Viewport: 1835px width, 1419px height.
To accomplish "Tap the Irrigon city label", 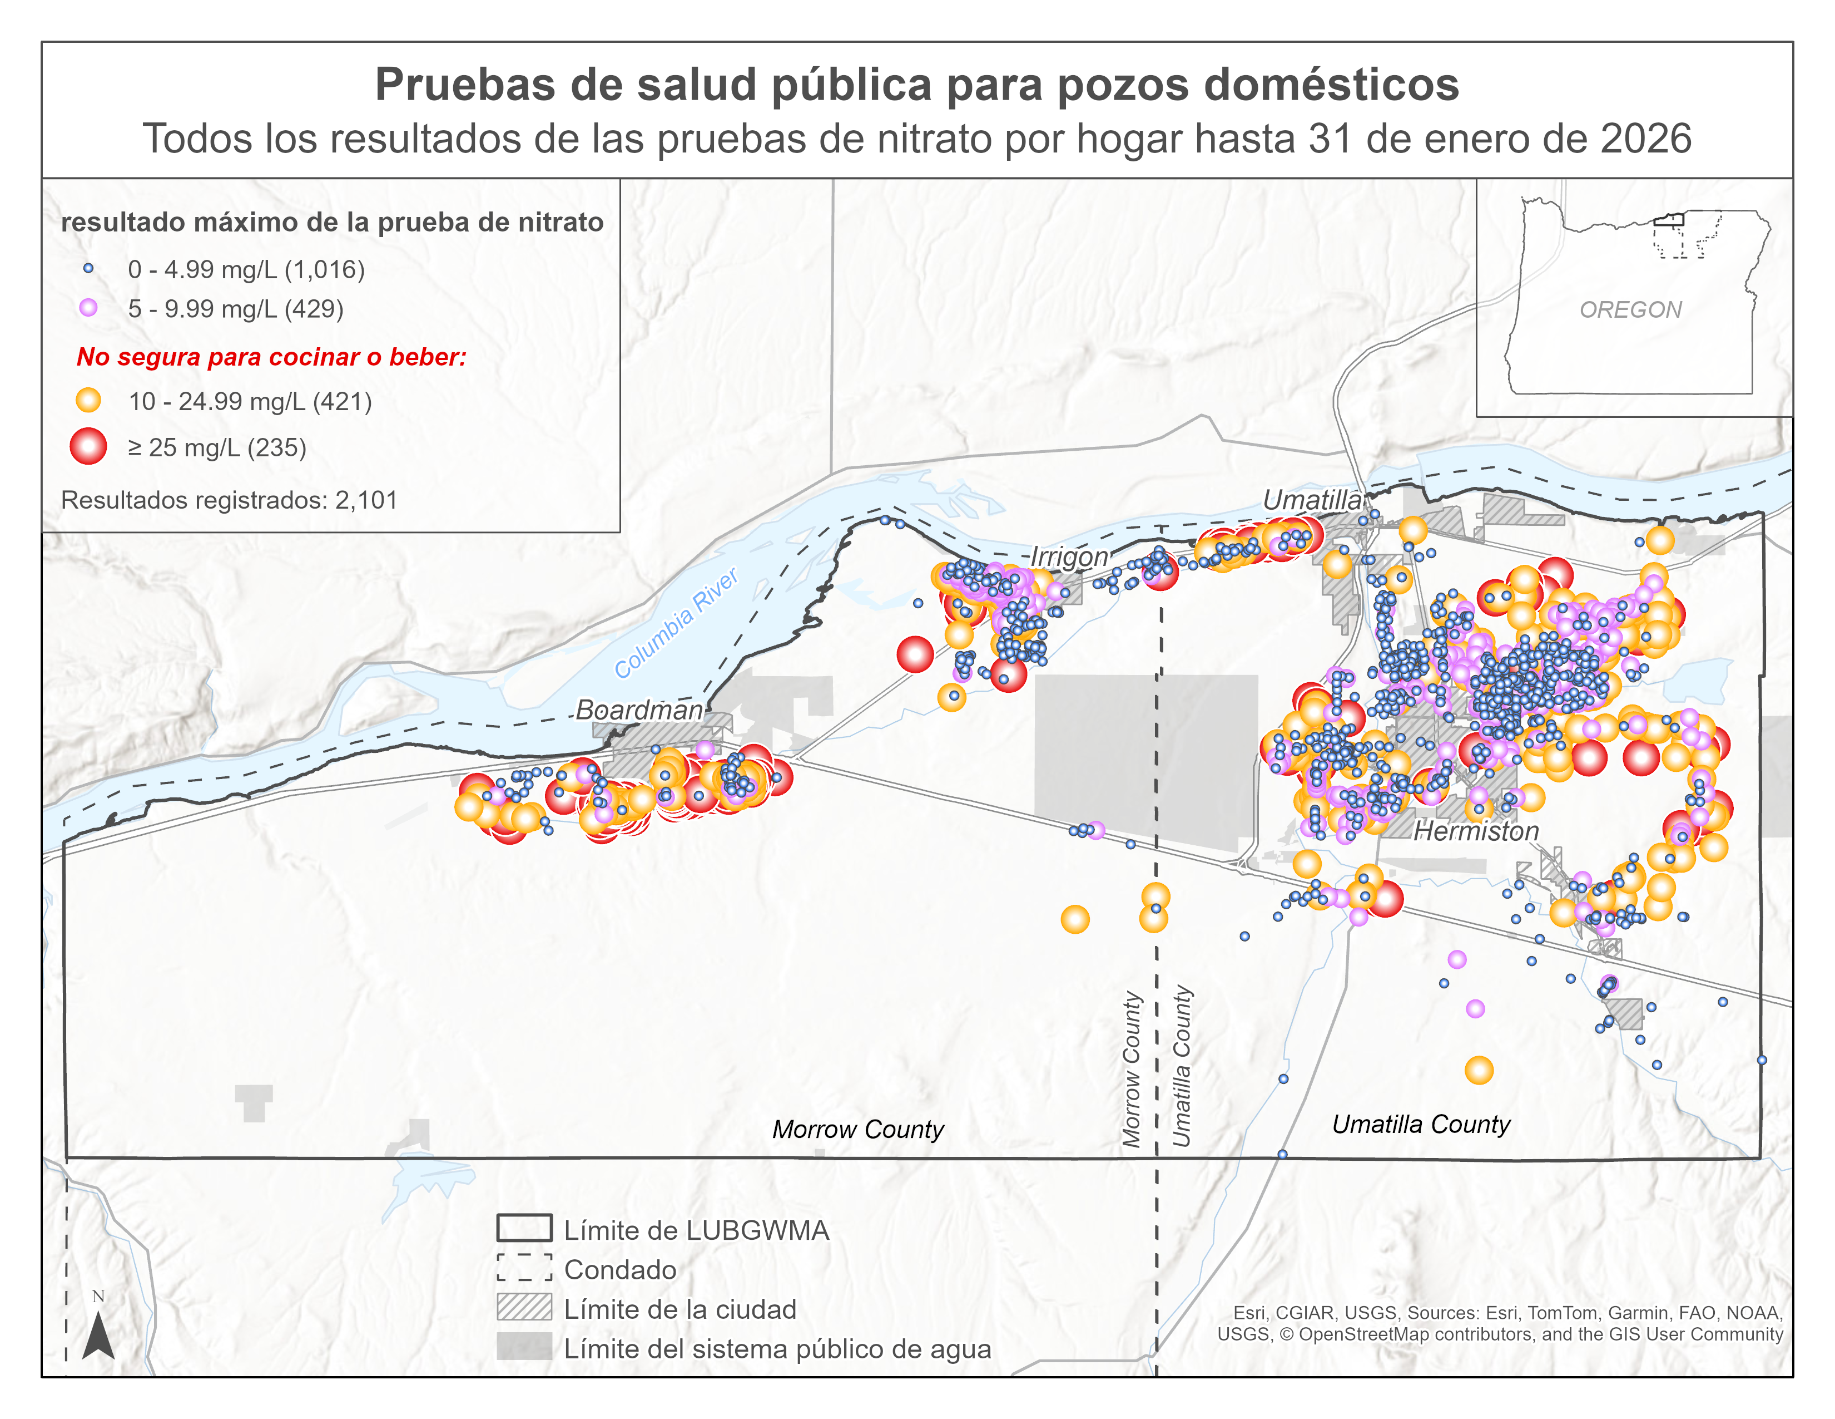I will [1069, 556].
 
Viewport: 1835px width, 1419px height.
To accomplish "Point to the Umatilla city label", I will [1312, 500].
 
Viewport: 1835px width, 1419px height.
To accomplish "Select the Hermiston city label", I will [1476, 831].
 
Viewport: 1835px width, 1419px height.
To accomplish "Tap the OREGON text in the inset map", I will [1630, 309].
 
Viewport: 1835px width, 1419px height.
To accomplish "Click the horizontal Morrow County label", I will [858, 1129].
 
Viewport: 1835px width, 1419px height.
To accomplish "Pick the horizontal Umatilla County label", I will [1421, 1124].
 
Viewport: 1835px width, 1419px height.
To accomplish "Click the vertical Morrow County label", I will [1132, 1070].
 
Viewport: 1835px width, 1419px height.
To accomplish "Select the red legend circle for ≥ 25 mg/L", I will [88, 446].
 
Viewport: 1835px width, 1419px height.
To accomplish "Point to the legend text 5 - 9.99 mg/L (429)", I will [235, 308].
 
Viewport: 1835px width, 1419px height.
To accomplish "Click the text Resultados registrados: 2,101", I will [229, 500].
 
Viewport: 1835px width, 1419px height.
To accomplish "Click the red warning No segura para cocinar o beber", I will [271, 357].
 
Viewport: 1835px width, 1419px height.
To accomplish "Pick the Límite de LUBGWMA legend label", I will [696, 1230].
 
